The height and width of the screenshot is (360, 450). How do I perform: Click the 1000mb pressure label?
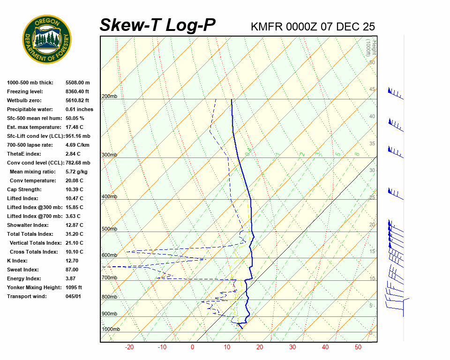point(111,330)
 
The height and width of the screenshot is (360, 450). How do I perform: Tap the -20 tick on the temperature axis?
point(129,347)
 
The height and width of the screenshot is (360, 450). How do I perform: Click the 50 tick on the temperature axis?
point(358,347)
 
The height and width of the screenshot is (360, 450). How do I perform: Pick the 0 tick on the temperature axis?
point(192,347)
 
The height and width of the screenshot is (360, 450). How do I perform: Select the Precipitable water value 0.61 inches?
point(79,109)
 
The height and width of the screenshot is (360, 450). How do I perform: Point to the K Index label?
point(17,261)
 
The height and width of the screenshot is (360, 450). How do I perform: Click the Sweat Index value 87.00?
point(72,270)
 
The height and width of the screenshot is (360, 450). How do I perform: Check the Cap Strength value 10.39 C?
point(74,189)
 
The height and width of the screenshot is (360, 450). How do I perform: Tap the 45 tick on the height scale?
point(372,90)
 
